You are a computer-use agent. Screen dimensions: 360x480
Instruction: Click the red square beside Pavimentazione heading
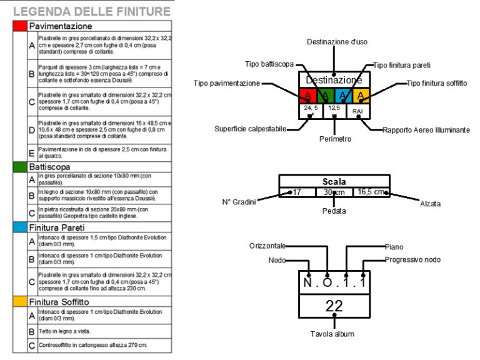click(19, 26)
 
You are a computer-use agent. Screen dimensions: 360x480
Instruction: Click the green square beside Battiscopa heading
click(19, 167)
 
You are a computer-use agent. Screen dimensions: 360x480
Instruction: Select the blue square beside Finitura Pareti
click(19, 227)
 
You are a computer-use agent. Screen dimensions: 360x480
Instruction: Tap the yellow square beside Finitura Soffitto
click(19, 301)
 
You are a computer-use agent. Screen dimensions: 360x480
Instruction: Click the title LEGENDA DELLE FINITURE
click(91, 11)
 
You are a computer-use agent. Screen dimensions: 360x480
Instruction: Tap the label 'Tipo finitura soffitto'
click(436, 83)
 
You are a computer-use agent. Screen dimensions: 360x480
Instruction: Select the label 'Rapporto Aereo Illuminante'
click(426, 130)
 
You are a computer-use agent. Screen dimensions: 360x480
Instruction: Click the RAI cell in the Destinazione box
click(357, 111)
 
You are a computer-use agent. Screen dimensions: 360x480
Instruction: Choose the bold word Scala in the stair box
click(334, 181)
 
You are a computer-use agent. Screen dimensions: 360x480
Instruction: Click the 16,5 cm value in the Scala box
click(371, 192)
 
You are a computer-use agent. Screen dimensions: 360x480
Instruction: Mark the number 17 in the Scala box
click(296, 192)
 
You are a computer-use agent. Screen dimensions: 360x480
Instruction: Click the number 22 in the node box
click(334, 306)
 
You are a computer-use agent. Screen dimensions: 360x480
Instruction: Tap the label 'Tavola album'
click(334, 334)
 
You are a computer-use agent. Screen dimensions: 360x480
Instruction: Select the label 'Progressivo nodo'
click(413, 259)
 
